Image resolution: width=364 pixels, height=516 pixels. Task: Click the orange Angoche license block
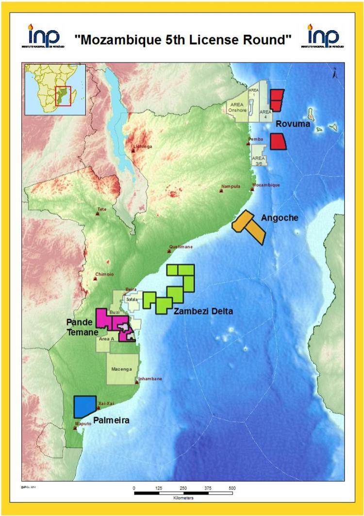click(249, 226)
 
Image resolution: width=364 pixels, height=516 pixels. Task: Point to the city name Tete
click(102, 209)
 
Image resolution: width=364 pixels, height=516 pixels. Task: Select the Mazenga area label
click(123, 369)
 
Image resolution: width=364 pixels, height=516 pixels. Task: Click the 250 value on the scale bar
click(183, 487)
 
